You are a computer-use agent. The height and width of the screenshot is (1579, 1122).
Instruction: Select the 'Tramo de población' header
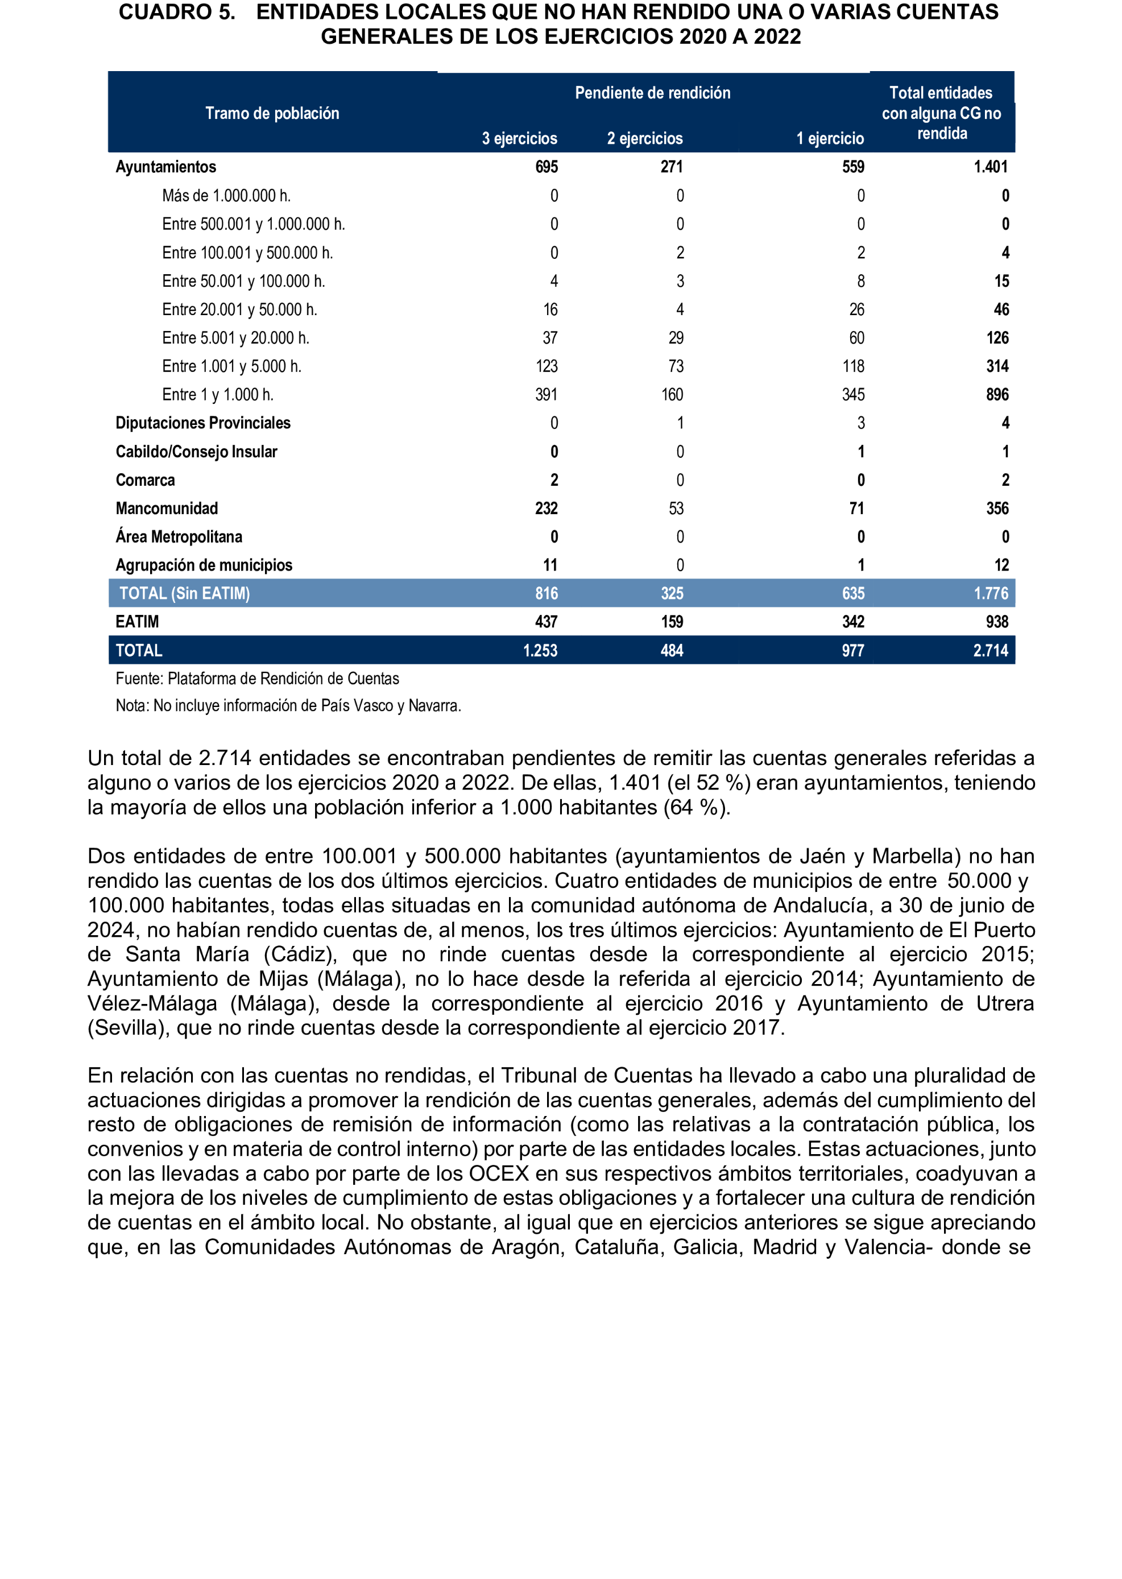pos(272,113)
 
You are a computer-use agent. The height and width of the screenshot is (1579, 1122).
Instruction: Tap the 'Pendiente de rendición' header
pos(652,93)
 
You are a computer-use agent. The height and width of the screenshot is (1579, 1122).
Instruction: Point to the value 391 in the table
pos(546,395)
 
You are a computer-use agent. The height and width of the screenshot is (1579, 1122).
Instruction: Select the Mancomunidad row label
pos(167,509)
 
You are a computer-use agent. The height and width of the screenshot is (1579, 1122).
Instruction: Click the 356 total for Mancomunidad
pos(997,509)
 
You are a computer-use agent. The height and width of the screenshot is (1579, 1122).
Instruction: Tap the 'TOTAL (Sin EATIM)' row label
pos(184,594)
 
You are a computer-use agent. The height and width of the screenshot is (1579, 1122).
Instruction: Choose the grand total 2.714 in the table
pos(990,650)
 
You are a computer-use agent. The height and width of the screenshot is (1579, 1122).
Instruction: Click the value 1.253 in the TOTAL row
pos(540,650)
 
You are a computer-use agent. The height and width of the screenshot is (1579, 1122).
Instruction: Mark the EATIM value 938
pos(997,622)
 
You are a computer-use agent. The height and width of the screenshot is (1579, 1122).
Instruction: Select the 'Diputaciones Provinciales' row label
pos(203,423)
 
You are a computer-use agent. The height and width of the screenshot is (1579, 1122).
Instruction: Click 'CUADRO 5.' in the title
pos(177,13)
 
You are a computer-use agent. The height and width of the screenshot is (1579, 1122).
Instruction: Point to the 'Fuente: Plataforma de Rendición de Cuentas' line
pos(257,679)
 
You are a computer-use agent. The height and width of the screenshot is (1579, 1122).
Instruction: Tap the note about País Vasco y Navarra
pos(288,705)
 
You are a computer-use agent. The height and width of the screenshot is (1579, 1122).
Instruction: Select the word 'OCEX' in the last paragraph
pos(499,1173)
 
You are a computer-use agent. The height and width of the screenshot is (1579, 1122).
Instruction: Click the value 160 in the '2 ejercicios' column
pos(672,395)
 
